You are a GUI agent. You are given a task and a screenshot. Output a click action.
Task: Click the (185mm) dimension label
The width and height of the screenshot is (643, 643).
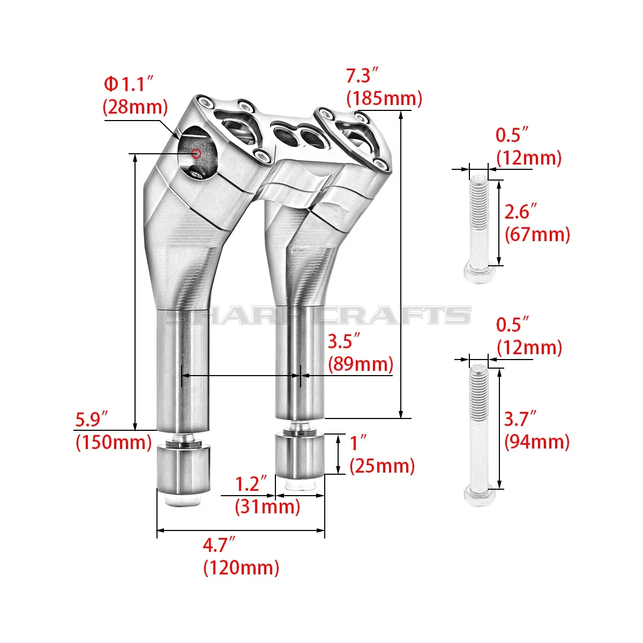click(x=384, y=99)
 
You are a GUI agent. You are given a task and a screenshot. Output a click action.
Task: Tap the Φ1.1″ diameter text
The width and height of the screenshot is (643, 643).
click(x=129, y=84)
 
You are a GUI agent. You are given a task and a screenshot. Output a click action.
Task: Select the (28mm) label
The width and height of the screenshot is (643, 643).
click(x=135, y=107)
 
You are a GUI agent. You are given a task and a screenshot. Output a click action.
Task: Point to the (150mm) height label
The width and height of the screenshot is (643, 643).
click(x=114, y=443)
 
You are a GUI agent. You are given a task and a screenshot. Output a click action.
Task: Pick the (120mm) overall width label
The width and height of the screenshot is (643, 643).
click(x=241, y=567)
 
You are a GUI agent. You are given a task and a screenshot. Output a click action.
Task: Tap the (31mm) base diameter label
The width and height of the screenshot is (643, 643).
click(x=267, y=507)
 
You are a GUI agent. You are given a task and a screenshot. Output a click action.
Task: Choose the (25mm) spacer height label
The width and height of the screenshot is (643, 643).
click(x=382, y=466)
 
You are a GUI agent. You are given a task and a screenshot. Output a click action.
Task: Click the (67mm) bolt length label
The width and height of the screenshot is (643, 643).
click(x=537, y=234)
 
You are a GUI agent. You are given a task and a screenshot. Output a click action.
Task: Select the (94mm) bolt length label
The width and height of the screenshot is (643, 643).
click(x=537, y=442)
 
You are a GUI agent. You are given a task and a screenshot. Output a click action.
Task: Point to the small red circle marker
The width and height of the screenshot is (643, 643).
click(x=196, y=154)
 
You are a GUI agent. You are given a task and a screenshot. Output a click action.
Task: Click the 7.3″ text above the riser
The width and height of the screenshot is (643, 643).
click(x=362, y=75)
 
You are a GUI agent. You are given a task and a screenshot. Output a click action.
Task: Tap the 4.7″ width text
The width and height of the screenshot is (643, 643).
click(x=220, y=545)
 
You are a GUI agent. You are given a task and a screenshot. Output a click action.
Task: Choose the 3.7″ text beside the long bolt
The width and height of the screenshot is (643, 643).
click(x=520, y=419)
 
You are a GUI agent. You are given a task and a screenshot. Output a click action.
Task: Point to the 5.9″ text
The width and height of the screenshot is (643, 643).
click(x=92, y=420)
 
